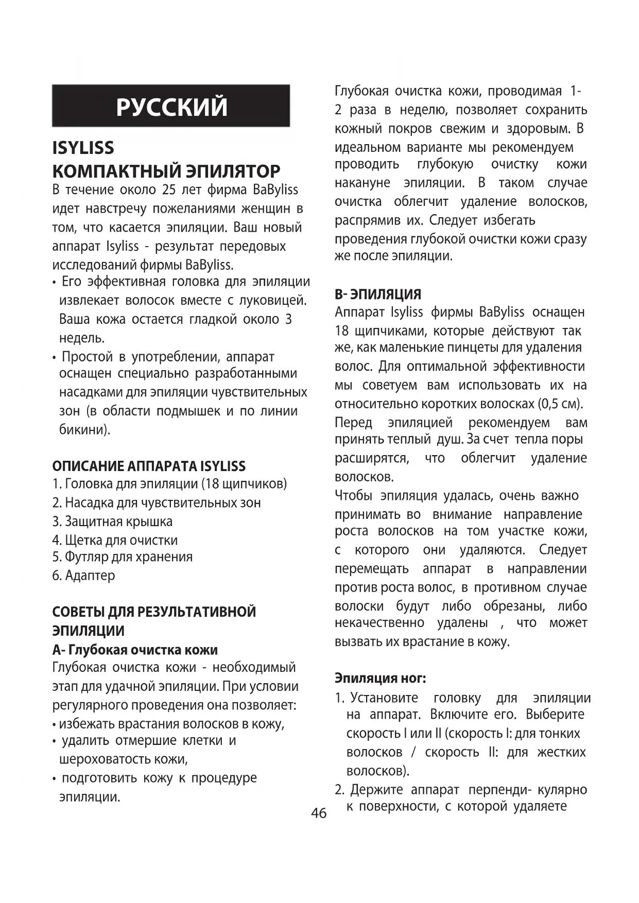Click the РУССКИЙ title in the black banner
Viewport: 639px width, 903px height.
[x=171, y=107]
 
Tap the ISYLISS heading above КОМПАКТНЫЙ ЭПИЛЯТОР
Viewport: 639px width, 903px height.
[x=83, y=148]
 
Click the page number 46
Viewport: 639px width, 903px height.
[x=319, y=813]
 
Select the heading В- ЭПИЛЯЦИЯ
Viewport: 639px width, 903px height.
[x=378, y=294]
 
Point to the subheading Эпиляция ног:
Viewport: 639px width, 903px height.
[x=381, y=678]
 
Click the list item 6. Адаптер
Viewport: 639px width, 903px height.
[x=83, y=576]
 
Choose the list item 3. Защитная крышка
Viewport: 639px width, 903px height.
[x=112, y=522]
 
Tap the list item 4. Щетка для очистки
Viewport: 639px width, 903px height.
[x=115, y=540]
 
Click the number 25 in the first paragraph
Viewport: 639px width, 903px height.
[x=169, y=190]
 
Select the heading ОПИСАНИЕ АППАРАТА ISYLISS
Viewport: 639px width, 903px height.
[x=149, y=466]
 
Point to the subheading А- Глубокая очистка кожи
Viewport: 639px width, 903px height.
[x=135, y=650]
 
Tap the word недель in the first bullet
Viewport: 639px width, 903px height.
[x=81, y=338]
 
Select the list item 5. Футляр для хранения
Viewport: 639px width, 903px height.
[x=123, y=557]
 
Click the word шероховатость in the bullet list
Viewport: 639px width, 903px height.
[x=110, y=759]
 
